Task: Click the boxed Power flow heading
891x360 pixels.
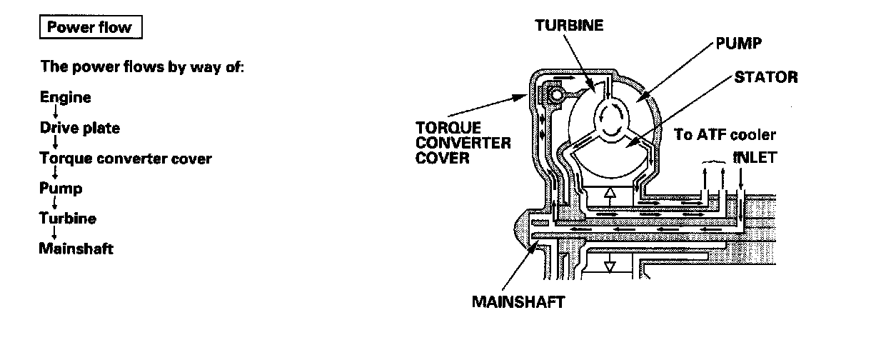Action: pos(89,28)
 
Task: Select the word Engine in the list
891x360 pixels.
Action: pos(65,97)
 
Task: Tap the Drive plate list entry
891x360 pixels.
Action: pos(79,129)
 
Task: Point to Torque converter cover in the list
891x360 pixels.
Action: pos(126,159)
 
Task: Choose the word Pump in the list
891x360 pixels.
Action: pos(61,189)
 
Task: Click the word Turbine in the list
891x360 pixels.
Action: pos(68,219)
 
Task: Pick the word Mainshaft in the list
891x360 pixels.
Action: pos(76,249)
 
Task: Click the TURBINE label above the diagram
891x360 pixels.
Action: pos(569,25)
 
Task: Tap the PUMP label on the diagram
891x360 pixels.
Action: pos(738,44)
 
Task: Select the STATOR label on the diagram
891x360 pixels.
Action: pos(765,76)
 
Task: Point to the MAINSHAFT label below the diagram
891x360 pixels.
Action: pos(518,302)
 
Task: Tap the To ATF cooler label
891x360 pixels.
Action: pos(725,134)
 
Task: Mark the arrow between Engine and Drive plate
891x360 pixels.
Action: pos(56,113)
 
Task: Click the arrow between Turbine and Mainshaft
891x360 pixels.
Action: pos(56,234)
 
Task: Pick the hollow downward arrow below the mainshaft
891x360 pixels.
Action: pos(609,266)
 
